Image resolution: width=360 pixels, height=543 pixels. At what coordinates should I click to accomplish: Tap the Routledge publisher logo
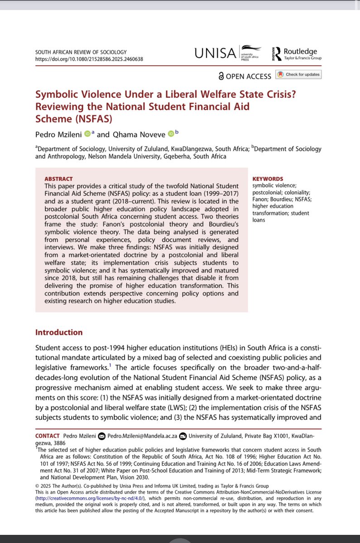[294, 54]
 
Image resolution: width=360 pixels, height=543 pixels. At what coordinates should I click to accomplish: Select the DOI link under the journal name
[89, 59]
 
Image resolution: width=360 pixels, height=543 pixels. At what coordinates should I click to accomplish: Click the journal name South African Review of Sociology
[81, 52]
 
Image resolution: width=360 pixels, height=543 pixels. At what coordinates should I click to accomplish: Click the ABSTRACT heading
[59, 179]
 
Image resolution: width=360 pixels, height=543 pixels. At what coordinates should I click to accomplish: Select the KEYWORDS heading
[268, 179]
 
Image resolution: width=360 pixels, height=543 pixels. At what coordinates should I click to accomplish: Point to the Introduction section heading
[59, 332]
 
